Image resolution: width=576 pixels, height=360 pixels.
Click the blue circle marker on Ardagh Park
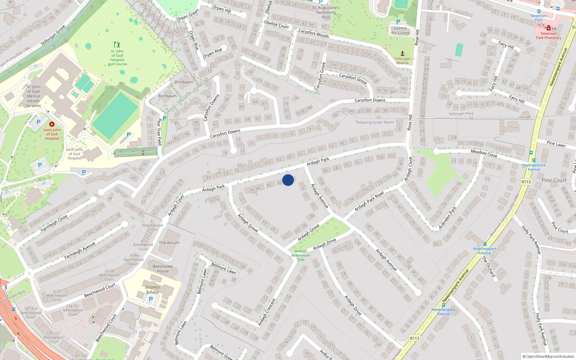click(288, 180)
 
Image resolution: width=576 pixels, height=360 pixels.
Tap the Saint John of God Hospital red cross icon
click(52, 124)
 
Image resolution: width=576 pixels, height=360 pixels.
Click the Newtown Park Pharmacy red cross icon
click(548, 28)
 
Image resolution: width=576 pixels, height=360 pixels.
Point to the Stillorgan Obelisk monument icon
click(402, 54)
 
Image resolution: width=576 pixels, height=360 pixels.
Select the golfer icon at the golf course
click(117, 45)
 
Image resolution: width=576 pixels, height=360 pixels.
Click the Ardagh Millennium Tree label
click(301, 255)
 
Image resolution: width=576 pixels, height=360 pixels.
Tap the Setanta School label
click(152, 289)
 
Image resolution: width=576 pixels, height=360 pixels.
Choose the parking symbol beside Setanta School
click(151, 299)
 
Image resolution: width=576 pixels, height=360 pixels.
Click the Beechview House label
click(163, 269)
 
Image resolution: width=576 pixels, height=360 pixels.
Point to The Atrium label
click(169, 243)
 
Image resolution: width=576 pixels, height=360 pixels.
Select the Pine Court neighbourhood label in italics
click(554, 180)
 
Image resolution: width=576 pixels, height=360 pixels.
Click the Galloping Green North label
click(374, 122)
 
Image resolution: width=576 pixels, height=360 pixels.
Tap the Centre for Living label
click(400, 31)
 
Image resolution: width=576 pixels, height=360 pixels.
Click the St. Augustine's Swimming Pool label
click(326, 12)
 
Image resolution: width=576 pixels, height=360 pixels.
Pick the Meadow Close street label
click(484, 154)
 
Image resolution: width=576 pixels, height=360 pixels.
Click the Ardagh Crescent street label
click(267, 312)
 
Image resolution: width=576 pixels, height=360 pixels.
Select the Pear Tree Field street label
click(159, 132)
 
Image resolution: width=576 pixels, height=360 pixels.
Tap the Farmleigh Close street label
click(54, 224)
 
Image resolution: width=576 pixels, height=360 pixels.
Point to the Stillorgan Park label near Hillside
click(461, 114)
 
